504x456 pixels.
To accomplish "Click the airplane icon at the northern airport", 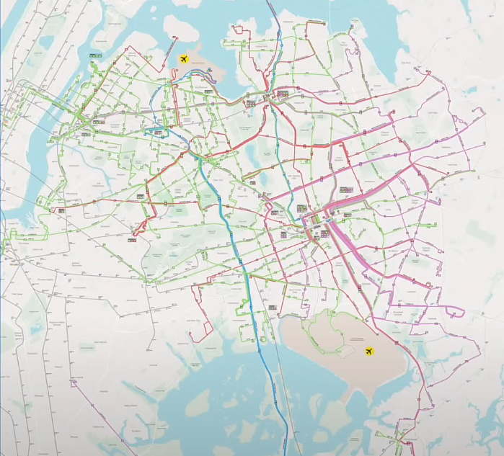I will click(185, 58).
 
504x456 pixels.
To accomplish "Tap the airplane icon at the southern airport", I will click(370, 352).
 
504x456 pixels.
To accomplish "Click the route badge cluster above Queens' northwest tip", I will click(95, 55).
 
